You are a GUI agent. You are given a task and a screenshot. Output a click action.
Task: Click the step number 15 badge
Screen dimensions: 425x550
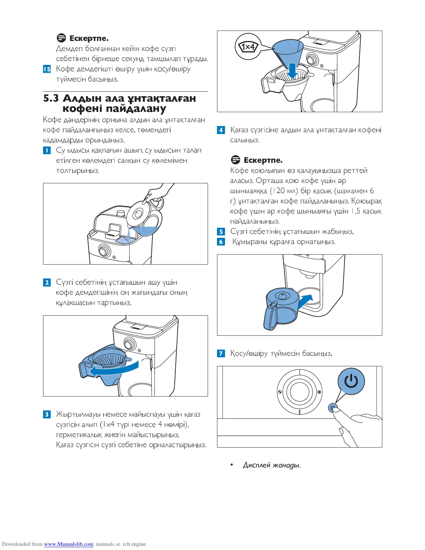click(47, 69)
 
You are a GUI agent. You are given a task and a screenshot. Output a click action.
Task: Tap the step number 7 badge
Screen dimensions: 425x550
click(221, 353)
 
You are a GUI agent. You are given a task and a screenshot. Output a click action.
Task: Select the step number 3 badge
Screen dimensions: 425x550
click(47, 414)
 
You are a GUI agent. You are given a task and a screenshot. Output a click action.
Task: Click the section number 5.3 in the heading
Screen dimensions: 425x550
click(51, 99)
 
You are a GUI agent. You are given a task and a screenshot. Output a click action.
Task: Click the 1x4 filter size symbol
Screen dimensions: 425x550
click(248, 47)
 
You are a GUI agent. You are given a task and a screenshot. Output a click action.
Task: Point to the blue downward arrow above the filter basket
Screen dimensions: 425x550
click(292, 70)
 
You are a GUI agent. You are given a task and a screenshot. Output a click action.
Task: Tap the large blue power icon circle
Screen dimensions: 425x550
click(351, 381)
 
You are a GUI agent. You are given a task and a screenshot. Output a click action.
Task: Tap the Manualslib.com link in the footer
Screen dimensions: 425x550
click(69, 544)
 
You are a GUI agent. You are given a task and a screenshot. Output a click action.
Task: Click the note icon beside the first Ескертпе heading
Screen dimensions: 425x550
click(61, 38)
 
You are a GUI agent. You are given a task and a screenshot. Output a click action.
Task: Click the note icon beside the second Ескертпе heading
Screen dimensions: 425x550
click(235, 160)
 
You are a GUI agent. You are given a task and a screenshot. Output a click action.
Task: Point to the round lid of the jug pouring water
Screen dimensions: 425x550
click(138, 214)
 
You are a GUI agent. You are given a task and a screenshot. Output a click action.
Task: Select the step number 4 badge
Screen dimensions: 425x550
click(221, 130)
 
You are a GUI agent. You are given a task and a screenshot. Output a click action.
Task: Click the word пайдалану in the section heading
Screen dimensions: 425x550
click(136, 109)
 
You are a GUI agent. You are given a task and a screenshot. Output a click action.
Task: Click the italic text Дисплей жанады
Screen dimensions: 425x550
click(272, 465)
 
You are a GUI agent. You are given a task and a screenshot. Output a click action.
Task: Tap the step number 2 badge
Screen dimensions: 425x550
click(47, 282)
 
